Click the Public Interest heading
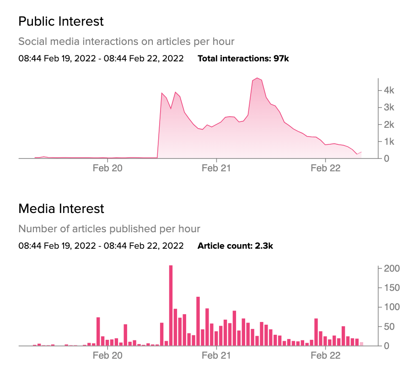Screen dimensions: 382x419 coord(61,22)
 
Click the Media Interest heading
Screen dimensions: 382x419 coord(61,209)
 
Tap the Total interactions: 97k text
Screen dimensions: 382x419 coord(243,59)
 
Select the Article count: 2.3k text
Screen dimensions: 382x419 coord(235,246)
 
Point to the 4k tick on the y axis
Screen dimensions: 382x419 coord(389,90)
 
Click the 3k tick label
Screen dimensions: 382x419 coord(389,107)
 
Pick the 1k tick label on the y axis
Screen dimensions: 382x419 coord(389,142)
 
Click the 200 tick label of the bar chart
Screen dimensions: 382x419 coord(392,268)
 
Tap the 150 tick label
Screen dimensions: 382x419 coord(392,288)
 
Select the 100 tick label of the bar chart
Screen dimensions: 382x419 coord(392,307)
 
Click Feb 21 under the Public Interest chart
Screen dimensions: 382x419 coord(216,168)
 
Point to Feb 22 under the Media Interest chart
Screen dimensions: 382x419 coord(325,356)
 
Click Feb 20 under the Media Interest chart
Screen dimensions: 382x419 coord(107,356)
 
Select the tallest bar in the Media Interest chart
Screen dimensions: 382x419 coord(171,306)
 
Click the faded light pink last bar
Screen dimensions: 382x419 coord(361,344)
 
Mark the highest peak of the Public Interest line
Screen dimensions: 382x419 coord(258,78)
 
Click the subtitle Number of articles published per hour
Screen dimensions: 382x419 coord(109,229)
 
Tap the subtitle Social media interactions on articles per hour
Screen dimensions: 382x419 coord(126,42)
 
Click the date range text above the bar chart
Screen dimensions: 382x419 coord(101,246)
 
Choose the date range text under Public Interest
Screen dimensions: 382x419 coord(101,59)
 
